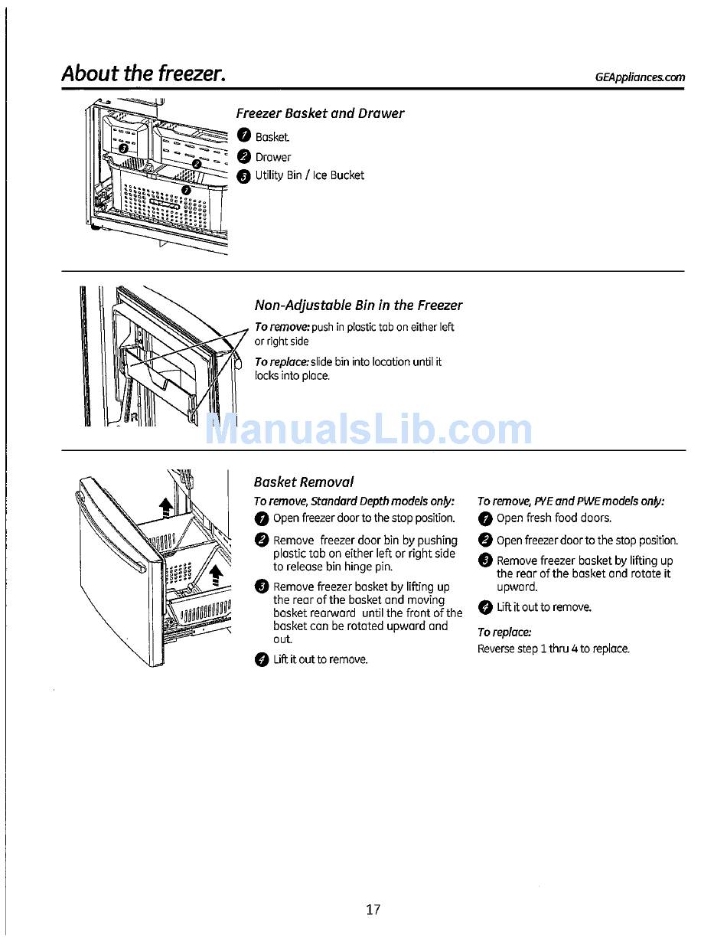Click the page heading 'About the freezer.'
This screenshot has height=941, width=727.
[x=143, y=74]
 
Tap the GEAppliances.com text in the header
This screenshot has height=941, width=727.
[x=640, y=77]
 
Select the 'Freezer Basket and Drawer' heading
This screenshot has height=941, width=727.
[x=320, y=113]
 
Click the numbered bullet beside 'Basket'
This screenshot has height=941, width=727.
[x=243, y=136]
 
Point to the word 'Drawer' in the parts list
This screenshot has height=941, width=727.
[x=273, y=157]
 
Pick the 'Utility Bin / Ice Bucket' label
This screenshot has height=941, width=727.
[x=309, y=175]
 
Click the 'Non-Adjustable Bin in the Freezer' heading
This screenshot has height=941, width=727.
[x=358, y=305]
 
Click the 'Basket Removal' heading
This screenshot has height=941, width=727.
[x=304, y=482]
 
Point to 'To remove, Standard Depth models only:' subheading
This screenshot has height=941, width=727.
[x=354, y=502]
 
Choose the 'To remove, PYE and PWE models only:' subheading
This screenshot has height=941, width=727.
[x=571, y=502]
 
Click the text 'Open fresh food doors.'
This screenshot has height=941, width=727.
[x=554, y=518]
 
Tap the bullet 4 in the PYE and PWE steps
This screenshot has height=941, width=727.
[x=484, y=608]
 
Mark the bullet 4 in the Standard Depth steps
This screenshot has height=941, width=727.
[x=262, y=660]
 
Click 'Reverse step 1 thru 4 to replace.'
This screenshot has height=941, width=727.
[x=553, y=649]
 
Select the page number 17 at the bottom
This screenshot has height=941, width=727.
[x=373, y=910]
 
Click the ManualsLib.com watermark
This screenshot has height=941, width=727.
[x=369, y=430]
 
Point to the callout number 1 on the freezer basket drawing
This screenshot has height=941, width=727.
[x=186, y=189]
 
